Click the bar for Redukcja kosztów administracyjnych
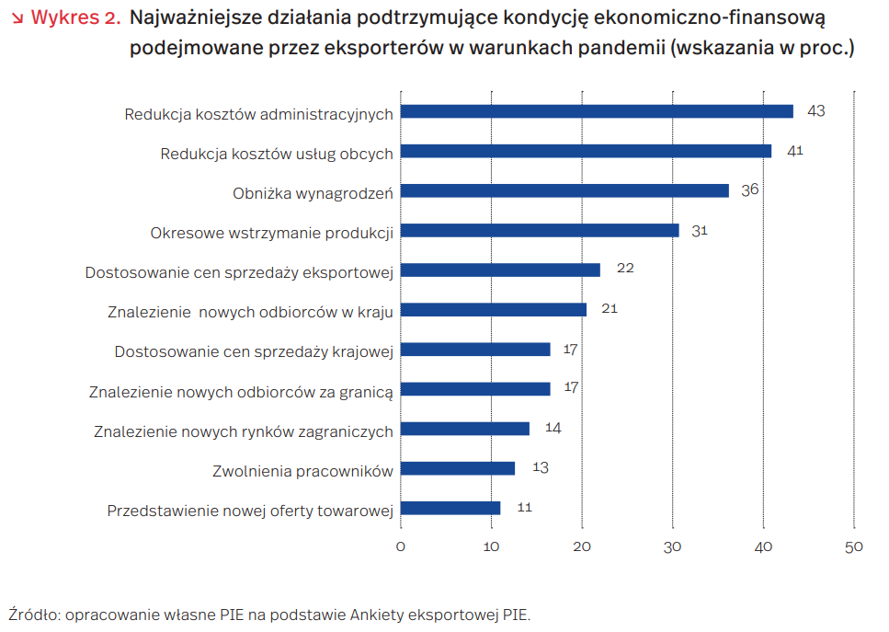tap(597, 111)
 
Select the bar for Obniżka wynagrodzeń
tap(564, 190)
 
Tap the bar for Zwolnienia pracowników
tap(458, 468)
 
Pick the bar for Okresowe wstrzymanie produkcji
tap(540, 230)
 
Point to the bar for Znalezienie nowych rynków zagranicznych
tap(465, 429)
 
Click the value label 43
tap(815, 110)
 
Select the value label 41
tap(795, 150)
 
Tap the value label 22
tap(625, 269)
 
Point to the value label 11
tap(524, 507)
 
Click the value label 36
tap(750, 190)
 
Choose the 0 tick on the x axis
tap(401, 546)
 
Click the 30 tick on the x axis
tap(673, 546)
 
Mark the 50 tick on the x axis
tap(853, 546)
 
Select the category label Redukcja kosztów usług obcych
tap(277, 154)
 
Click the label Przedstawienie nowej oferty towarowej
tap(250, 511)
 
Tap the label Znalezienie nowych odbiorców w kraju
tap(250, 312)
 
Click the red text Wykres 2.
tap(75, 17)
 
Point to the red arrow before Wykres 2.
tap(17, 18)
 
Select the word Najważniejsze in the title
tap(192, 17)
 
